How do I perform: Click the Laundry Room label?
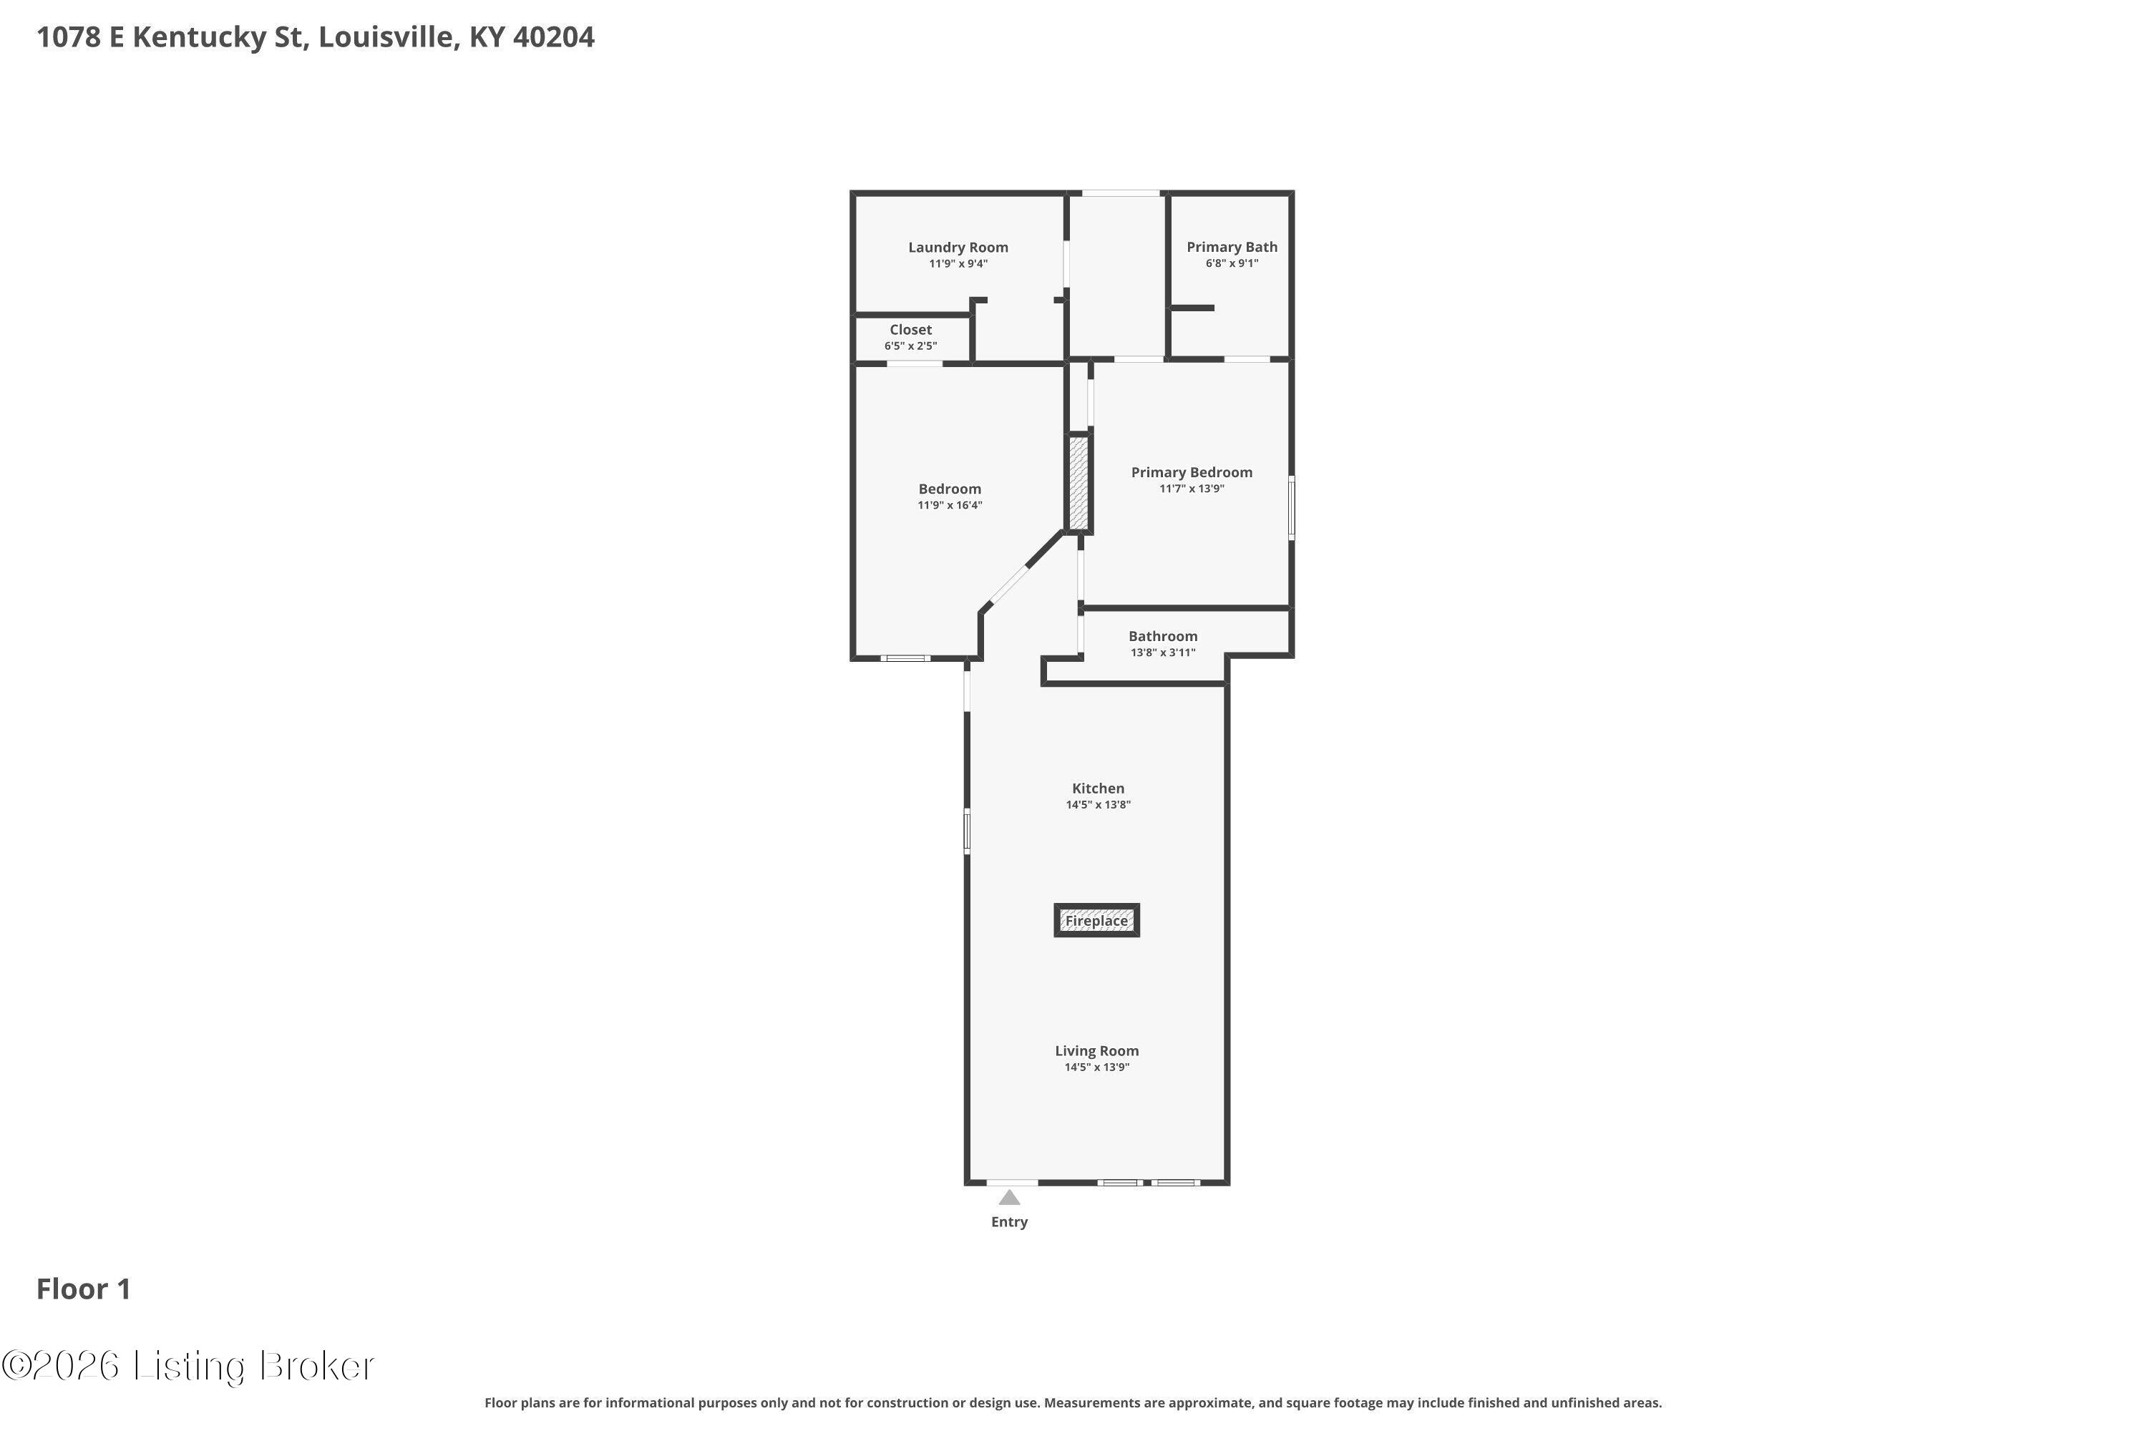coord(958,248)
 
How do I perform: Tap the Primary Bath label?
coord(1232,248)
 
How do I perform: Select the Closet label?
coord(911,329)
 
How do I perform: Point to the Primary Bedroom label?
coord(1192,473)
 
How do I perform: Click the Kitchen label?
coord(1098,788)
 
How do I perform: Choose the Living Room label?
coord(1096,1051)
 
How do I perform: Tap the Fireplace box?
coord(1096,920)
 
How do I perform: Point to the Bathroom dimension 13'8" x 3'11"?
coord(1162,653)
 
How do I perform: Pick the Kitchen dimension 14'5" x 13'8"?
coord(1098,805)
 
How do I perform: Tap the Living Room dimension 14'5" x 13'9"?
coord(1096,1068)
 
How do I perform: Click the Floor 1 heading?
coord(83,1289)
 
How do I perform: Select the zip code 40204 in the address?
coord(553,37)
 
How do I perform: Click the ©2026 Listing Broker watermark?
coord(188,1366)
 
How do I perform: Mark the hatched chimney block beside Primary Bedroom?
coord(1079,483)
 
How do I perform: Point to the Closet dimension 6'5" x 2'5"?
coord(910,346)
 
